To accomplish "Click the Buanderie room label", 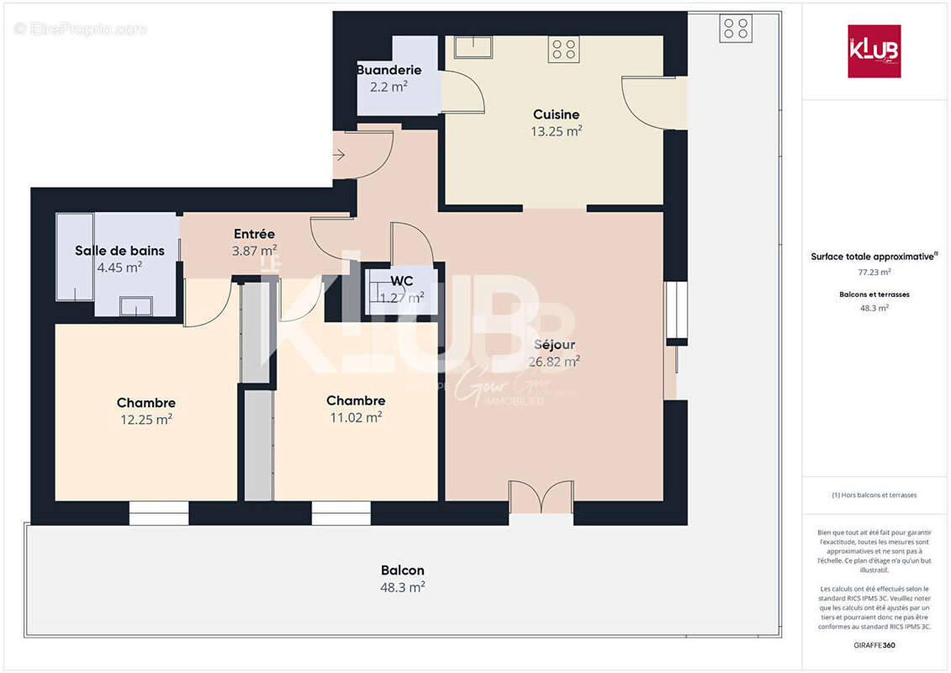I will tap(388, 70).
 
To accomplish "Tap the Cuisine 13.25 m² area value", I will tap(556, 131).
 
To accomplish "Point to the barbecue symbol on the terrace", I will tap(736, 29).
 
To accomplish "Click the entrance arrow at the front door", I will tap(339, 154).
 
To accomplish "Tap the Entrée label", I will tap(254, 234).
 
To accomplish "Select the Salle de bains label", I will tap(119, 251).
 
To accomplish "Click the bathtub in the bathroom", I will tap(75, 257).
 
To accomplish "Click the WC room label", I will tap(402, 281).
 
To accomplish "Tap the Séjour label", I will tap(555, 345).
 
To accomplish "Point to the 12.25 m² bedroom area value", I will tap(146, 419).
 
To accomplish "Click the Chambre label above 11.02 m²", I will tap(356, 400).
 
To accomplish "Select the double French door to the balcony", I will tap(541, 497).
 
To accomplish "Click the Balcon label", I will tap(402, 570).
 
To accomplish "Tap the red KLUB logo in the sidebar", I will tap(874, 51).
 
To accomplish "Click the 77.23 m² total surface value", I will tap(874, 272).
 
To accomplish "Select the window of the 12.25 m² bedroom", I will tap(159, 512).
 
